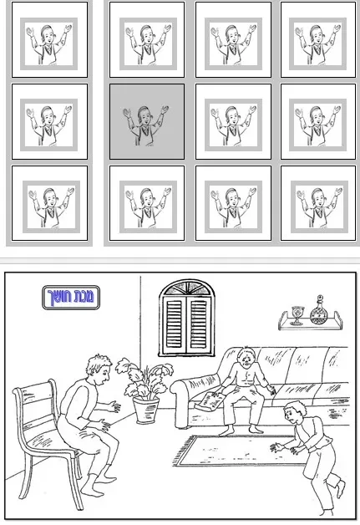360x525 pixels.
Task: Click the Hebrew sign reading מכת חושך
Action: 71,298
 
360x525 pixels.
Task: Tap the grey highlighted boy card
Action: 147,121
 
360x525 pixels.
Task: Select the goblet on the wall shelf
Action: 297,315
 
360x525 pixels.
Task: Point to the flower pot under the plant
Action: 146,410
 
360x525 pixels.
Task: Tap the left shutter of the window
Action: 175,324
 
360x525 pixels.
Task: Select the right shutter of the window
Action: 199,324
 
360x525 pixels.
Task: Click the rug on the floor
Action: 238,451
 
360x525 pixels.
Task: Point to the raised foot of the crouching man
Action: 340,490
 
